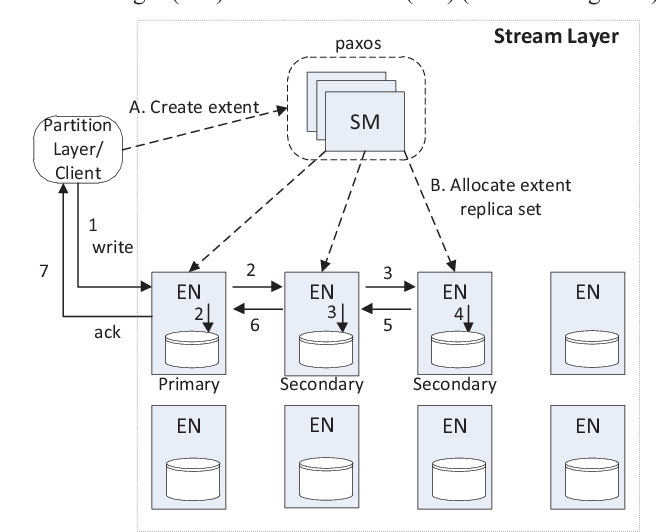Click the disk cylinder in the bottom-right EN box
[x=588, y=477]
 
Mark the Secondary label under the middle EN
[x=322, y=384]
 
